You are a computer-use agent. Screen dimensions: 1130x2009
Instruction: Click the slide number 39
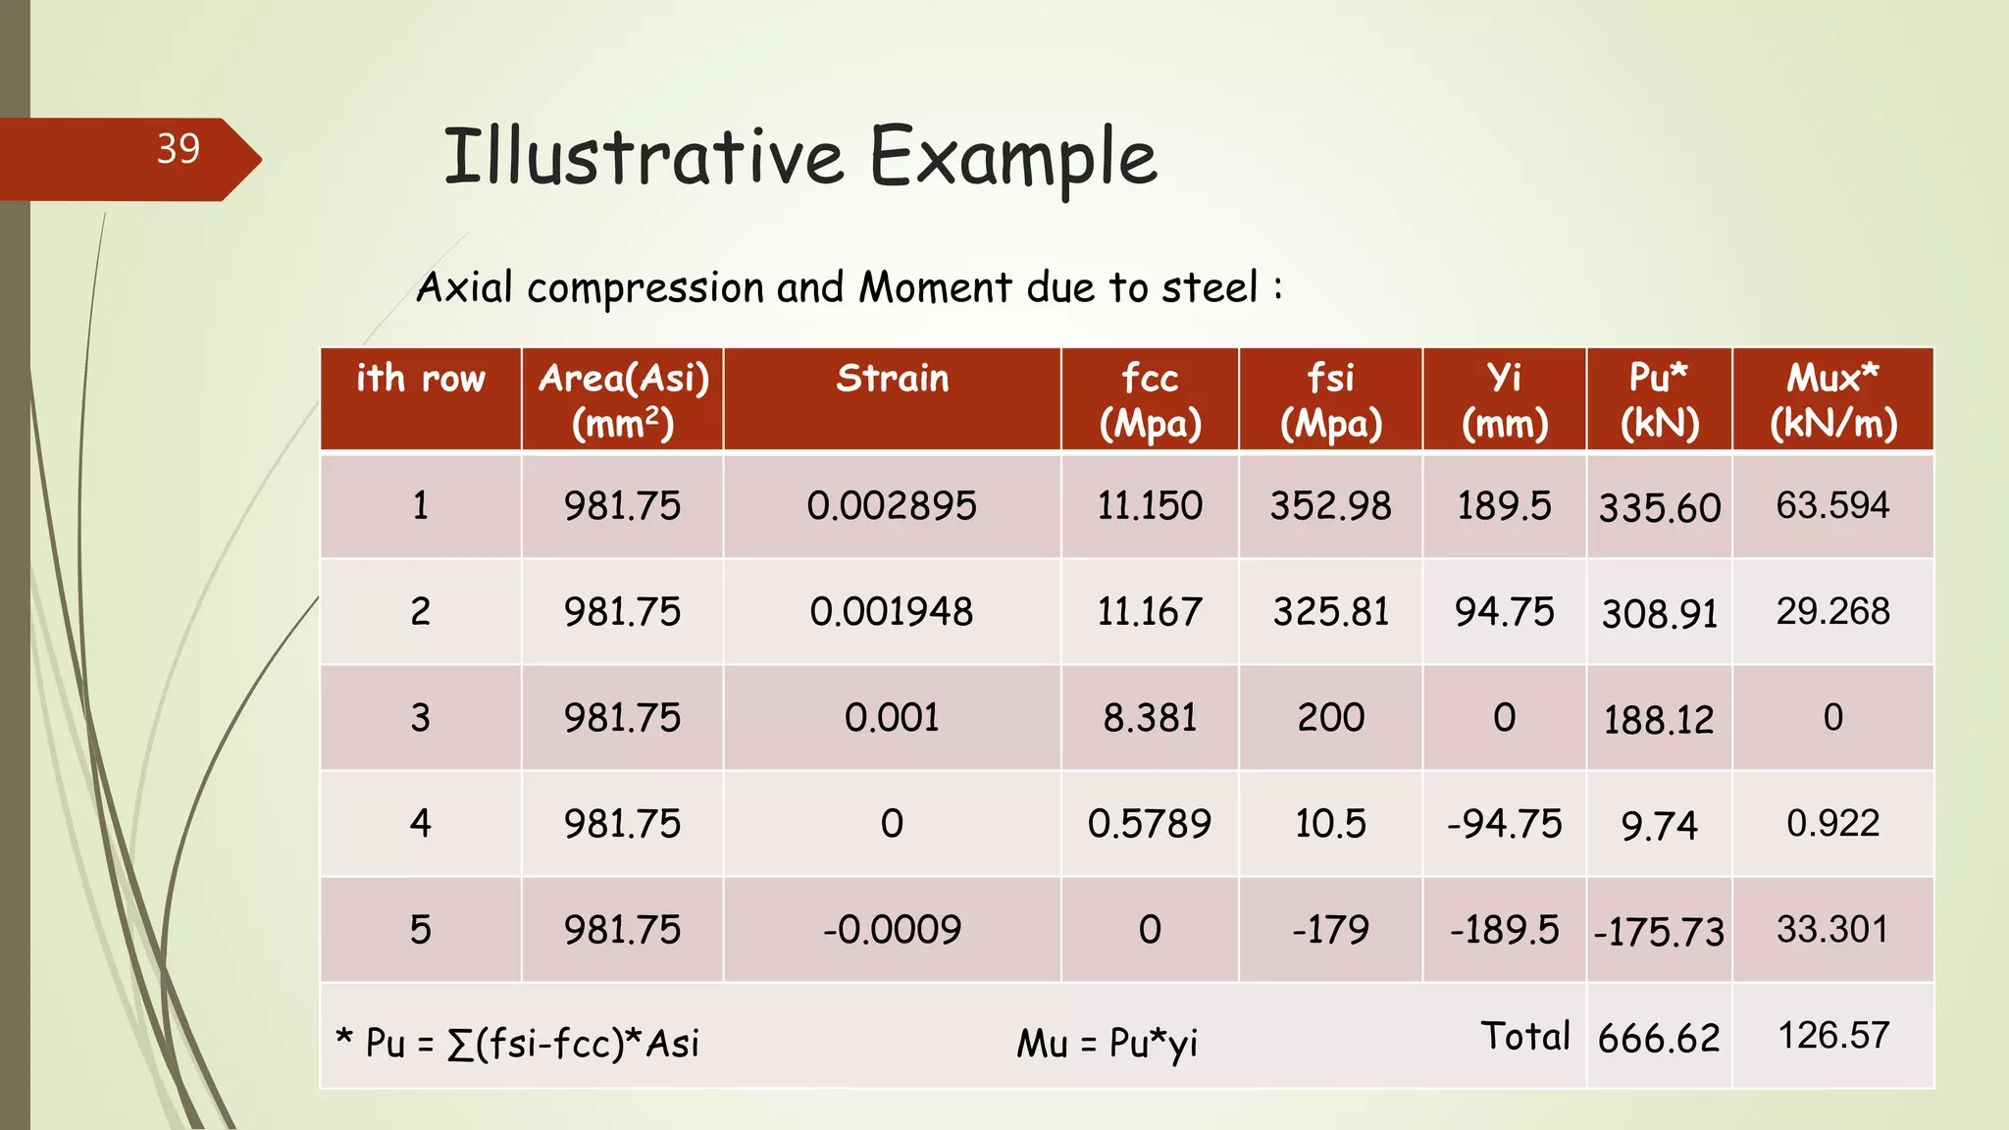pyautogui.click(x=178, y=149)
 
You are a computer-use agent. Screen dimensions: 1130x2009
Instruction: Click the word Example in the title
pyautogui.click(x=1013, y=157)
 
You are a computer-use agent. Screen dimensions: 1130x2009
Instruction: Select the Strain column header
pyautogui.click(x=892, y=380)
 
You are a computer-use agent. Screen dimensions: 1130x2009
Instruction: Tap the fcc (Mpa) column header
pyautogui.click(x=1150, y=400)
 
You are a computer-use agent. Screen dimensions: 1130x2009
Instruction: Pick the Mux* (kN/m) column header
pyautogui.click(x=1832, y=400)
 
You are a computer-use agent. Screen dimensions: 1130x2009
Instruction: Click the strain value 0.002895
pyautogui.click(x=892, y=506)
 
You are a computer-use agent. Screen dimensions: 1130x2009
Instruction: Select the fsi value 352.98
pyautogui.click(x=1330, y=506)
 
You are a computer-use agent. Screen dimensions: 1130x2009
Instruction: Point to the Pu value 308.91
pyautogui.click(x=1659, y=614)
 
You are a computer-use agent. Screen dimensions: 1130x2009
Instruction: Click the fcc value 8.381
pyautogui.click(x=1150, y=718)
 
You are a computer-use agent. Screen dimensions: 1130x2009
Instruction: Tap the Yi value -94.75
pyautogui.click(x=1504, y=824)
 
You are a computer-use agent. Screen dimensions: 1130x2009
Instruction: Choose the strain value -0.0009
pyautogui.click(x=892, y=930)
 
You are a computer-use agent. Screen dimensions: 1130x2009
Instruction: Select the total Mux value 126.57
pyautogui.click(x=1832, y=1036)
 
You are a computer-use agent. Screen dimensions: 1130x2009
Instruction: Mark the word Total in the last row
pyautogui.click(x=1525, y=1037)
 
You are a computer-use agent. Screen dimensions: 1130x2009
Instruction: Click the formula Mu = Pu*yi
pyautogui.click(x=1107, y=1044)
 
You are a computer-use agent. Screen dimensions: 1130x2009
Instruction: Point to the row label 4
pyautogui.click(x=420, y=824)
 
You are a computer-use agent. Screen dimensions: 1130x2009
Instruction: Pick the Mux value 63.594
pyautogui.click(x=1832, y=506)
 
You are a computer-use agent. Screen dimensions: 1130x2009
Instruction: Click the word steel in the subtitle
pyautogui.click(x=1209, y=288)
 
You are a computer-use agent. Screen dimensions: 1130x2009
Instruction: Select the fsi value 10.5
pyautogui.click(x=1330, y=824)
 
